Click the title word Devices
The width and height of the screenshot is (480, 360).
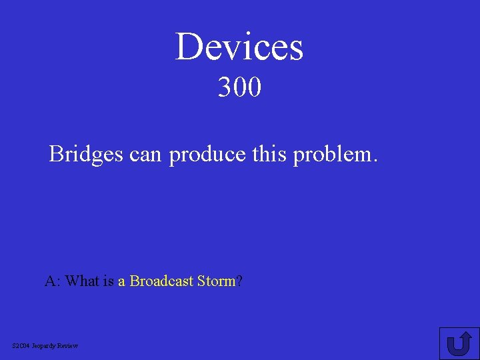point(239,47)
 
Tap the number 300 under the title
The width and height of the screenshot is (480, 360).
point(239,87)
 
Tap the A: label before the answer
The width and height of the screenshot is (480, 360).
point(53,281)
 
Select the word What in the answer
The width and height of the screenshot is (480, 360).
point(82,281)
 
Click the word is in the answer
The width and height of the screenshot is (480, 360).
point(109,281)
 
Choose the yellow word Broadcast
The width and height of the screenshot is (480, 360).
point(162,281)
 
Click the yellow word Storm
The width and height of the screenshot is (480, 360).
point(217,281)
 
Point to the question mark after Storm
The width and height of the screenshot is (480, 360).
point(239,281)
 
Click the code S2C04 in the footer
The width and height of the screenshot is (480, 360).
point(21,345)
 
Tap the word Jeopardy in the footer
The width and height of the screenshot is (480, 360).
point(45,346)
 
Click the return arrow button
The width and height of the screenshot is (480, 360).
point(459,343)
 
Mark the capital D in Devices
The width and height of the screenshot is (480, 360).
point(189,47)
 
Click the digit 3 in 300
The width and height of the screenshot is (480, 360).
point(225,87)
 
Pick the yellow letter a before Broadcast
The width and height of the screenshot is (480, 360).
point(122,282)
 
